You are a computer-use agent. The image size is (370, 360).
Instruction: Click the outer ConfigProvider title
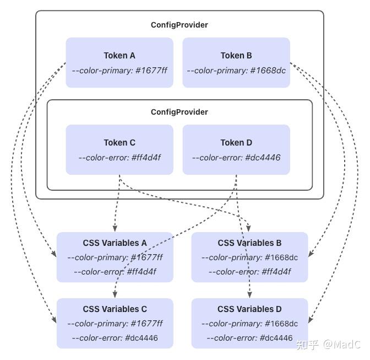(x=179, y=25)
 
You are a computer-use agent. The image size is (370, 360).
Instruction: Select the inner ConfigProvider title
(x=179, y=112)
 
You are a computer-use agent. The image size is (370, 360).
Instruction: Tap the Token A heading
(x=119, y=55)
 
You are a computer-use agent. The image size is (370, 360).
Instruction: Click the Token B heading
(x=236, y=55)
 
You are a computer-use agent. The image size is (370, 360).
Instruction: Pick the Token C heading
(x=119, y=142)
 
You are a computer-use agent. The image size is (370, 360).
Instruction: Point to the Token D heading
(x=236, y=142)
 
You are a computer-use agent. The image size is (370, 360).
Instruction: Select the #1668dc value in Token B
(x=268, y=71)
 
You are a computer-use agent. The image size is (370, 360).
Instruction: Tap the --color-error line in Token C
(x=119, y=158)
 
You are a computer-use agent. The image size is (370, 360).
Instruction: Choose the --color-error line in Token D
(x=236, y=158)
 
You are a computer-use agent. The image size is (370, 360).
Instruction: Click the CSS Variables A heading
(x=115, y=243)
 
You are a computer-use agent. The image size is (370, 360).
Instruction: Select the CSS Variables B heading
(x=249, y=243)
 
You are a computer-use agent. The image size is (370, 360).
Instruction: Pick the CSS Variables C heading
(x=115, y=309)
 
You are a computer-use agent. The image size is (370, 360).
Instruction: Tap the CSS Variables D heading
(x=249, y=309)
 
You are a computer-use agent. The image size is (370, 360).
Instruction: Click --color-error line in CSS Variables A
(x=115, y=272)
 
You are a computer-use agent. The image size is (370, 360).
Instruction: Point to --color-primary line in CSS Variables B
(x=249, y=257)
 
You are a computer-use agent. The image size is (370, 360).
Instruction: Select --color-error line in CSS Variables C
(x=115, y=338)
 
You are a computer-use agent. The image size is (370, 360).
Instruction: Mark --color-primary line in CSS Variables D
(x=249, y=324)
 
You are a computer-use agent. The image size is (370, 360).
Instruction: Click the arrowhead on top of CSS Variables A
(x=115, y=228)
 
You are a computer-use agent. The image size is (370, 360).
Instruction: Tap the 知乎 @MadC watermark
(x=328, y=345)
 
